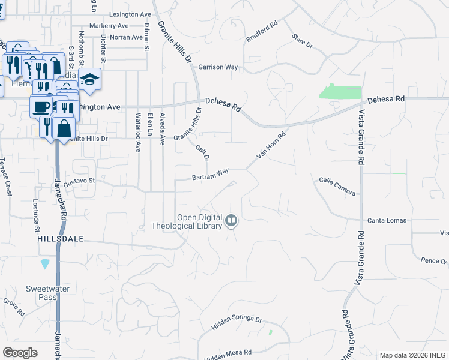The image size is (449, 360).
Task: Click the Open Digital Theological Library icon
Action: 231,221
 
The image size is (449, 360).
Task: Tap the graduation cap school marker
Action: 89,80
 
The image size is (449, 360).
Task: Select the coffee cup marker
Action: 41,106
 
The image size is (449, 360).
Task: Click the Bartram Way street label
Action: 210,175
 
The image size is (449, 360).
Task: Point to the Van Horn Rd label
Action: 271,146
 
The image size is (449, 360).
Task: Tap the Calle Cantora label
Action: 337,185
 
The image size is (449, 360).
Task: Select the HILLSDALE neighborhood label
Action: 60,239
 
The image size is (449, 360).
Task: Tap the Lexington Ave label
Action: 130,14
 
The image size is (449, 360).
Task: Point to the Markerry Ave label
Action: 109,26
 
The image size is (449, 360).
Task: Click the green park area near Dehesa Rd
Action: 341,92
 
